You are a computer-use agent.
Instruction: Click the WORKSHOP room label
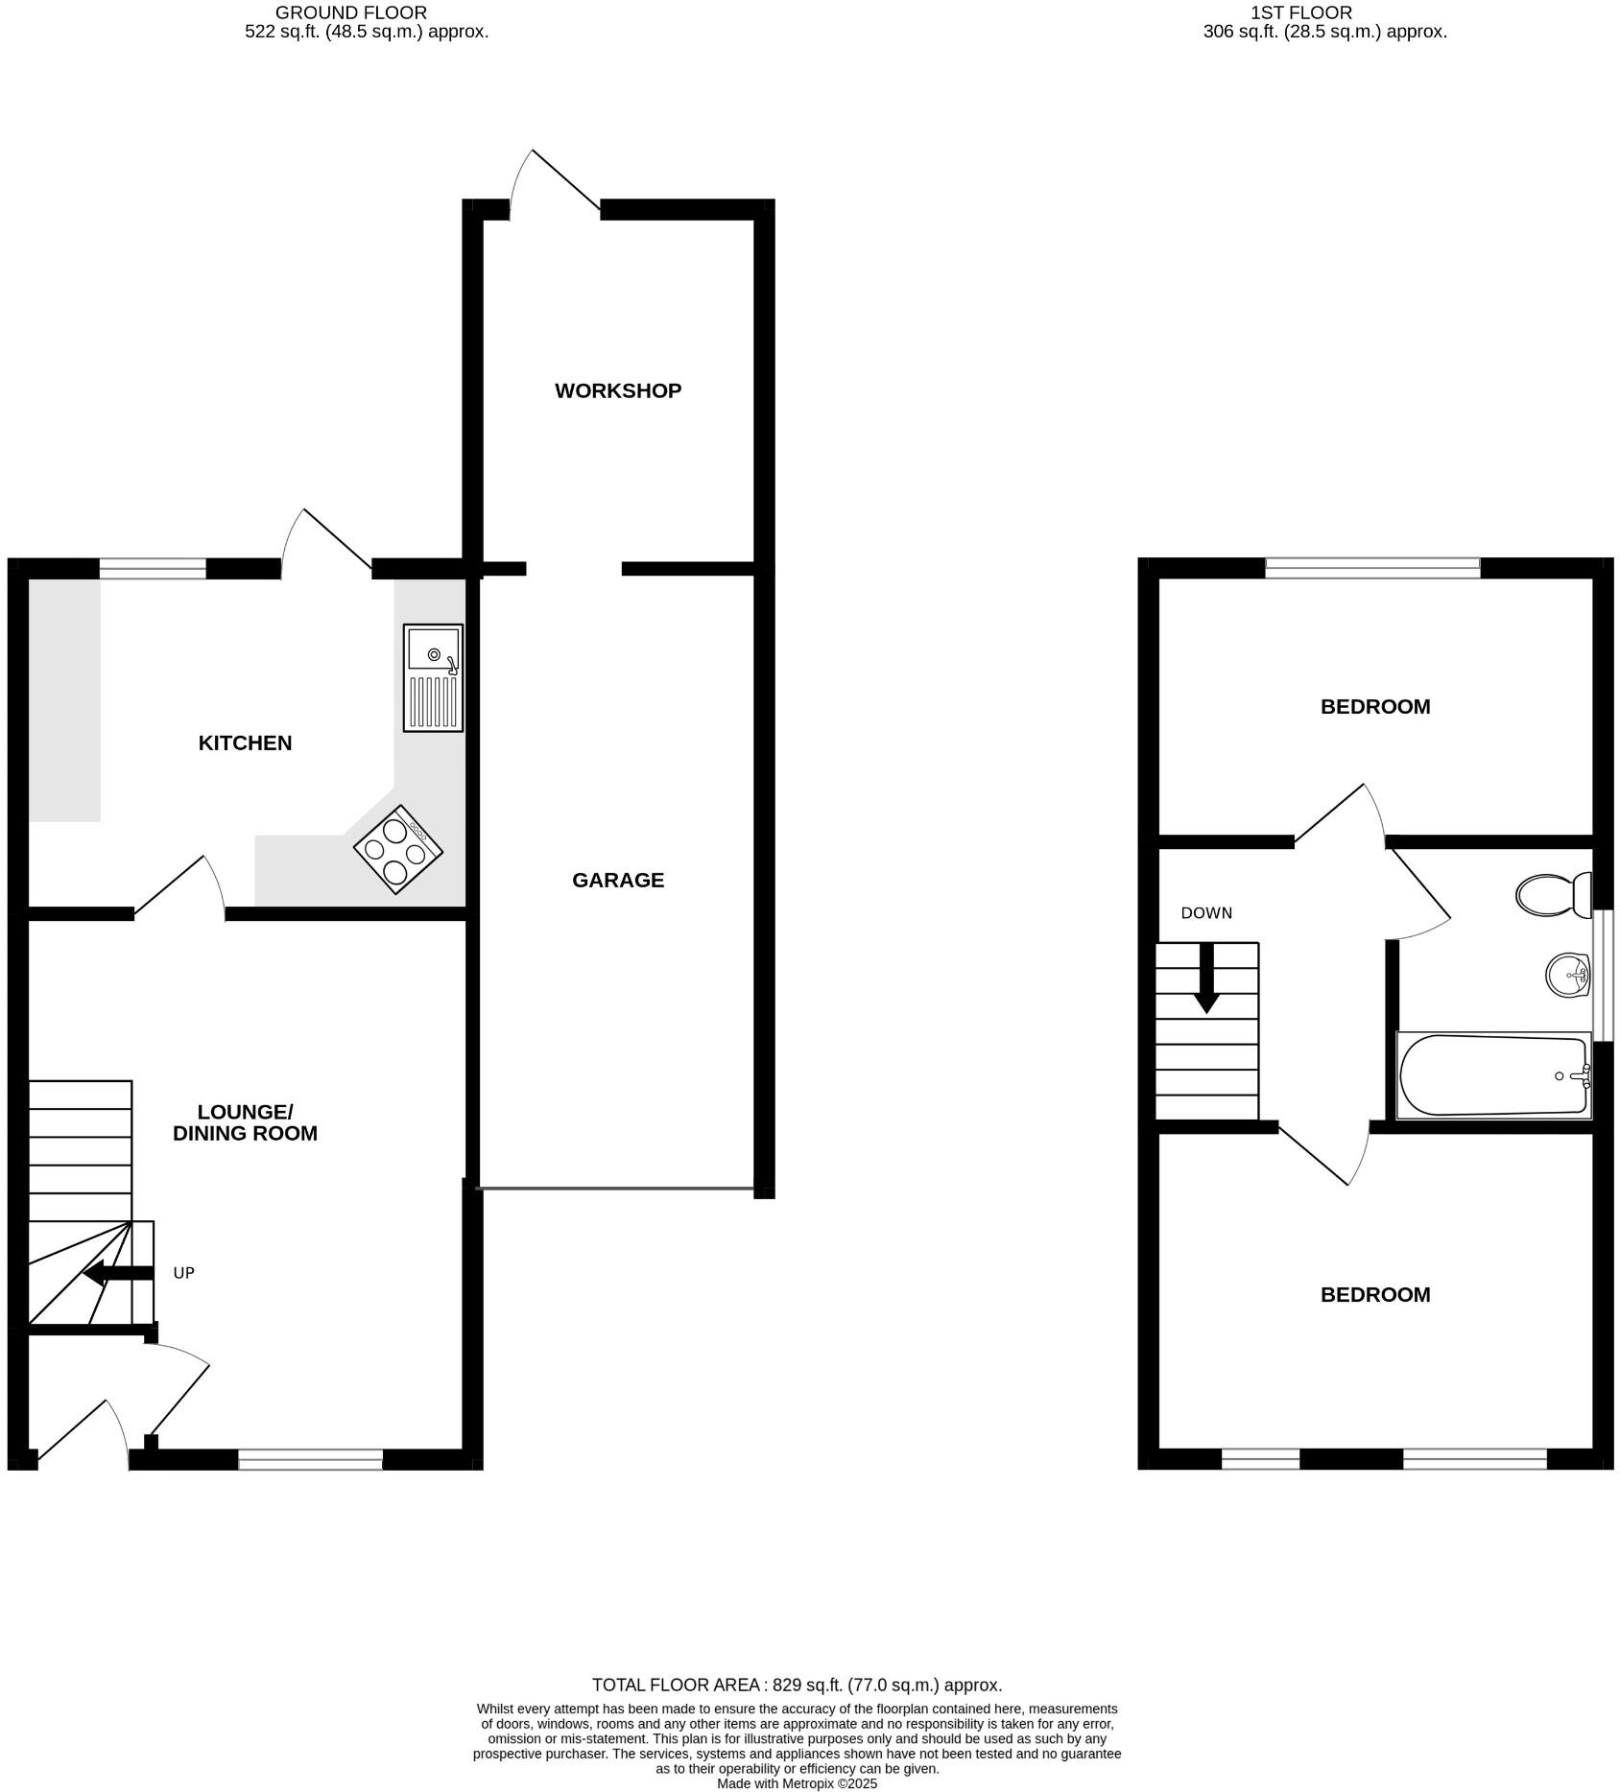(617, 391)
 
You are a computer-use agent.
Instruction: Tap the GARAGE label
(617, 880)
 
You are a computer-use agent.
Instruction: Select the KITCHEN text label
(245, 743)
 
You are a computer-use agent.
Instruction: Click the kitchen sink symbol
(433, 677)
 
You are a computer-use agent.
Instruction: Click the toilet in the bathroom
(1552, 894)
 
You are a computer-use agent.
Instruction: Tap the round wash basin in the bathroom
(1568, 977)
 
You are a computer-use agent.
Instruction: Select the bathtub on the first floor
(1492, 1074)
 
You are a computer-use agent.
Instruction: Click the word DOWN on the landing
(1205, 913)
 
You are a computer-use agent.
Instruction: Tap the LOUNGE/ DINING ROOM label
(245, 1122)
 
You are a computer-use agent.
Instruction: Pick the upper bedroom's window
(1372, 568)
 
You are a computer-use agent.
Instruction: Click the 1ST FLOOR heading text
(1300, 12)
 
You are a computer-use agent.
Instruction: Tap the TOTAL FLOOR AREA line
(797, 1685)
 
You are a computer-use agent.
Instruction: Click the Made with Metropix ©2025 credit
(797, 1784)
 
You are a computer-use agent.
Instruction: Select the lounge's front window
(310, 1460)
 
